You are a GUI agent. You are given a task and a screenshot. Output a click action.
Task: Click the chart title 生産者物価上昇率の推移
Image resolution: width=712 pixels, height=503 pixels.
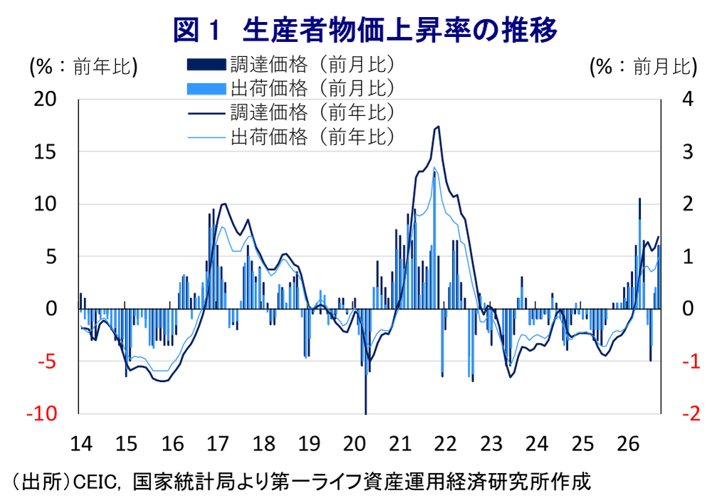399,30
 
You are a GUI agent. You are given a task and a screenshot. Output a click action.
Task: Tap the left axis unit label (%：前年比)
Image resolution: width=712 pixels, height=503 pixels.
83,67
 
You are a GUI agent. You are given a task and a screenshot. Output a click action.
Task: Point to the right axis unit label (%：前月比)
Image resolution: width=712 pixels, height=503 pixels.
643,67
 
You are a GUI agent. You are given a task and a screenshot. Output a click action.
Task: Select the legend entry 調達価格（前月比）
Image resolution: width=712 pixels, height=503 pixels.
290,65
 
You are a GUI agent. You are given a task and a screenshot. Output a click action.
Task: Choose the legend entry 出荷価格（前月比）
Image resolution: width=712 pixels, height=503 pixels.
290,88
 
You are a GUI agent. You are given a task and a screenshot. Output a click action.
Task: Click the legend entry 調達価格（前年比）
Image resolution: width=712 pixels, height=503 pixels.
290,112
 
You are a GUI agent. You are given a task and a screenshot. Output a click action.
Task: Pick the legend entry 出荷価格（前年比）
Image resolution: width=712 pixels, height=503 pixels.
290,137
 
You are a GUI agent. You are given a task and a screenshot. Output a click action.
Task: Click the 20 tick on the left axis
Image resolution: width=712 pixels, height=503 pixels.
45,99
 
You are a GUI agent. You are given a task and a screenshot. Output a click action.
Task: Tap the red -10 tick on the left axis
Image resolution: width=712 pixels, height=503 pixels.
42,413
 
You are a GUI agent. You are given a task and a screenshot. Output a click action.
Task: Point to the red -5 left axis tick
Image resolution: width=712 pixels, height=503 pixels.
47,361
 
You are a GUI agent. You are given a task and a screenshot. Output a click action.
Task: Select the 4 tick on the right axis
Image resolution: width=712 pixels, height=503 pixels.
689,99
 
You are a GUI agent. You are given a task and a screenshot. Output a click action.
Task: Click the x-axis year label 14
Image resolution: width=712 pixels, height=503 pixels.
81,443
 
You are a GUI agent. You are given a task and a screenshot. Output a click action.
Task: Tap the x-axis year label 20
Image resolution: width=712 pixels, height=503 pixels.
355,443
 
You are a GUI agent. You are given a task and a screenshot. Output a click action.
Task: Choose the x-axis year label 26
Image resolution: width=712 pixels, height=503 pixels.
628,443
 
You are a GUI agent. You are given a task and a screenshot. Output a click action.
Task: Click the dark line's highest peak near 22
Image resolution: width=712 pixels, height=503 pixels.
438,127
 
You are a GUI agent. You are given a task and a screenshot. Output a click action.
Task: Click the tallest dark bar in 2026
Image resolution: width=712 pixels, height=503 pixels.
640,253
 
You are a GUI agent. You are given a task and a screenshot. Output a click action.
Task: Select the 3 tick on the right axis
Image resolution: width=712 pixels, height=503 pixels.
689,152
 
